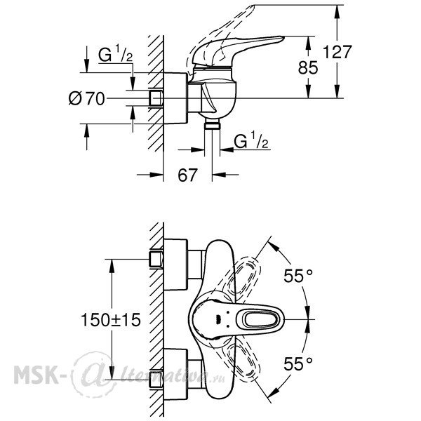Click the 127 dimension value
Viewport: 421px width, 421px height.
tap(337, 52)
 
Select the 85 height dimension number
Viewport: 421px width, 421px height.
tap(308, 67)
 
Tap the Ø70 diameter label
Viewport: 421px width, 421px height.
tap(86, 98)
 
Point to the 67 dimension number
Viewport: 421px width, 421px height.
tap(187, 175)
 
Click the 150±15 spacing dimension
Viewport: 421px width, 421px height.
tap(111, 320)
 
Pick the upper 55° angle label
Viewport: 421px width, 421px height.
tap(298, 276)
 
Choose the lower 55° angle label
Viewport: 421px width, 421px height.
tap(298, 364)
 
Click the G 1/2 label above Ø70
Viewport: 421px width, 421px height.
tap(116, 54)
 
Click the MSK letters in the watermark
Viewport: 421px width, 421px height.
tap(36, 375)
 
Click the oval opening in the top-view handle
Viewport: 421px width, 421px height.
tap(261, 319)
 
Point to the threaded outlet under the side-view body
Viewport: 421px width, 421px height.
tap(212, 125)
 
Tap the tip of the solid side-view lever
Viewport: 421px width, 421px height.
tap(283, 37)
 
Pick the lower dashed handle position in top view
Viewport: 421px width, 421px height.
tap(243, 360)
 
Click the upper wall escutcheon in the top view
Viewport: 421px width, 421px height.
tap(175, 265)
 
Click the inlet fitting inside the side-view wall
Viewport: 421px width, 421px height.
tap(156, 98)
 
